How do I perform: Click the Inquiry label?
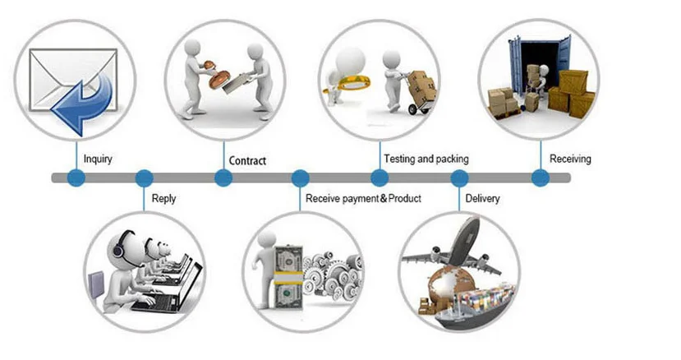coord(98,159)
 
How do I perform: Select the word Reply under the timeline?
coord(163,198)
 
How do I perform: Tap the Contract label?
coord(247,160)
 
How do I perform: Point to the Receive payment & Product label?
coord(363,198)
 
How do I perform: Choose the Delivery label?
coord(482,198)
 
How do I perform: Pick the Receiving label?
coord(570,159)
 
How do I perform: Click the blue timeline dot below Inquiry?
coord(76,178)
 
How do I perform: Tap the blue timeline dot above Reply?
coord(144,178)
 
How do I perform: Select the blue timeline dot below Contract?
coord(223,178)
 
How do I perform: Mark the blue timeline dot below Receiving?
coord(540,178)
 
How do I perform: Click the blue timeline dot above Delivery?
coord(459,178)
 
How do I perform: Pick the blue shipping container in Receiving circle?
coord(538,62)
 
